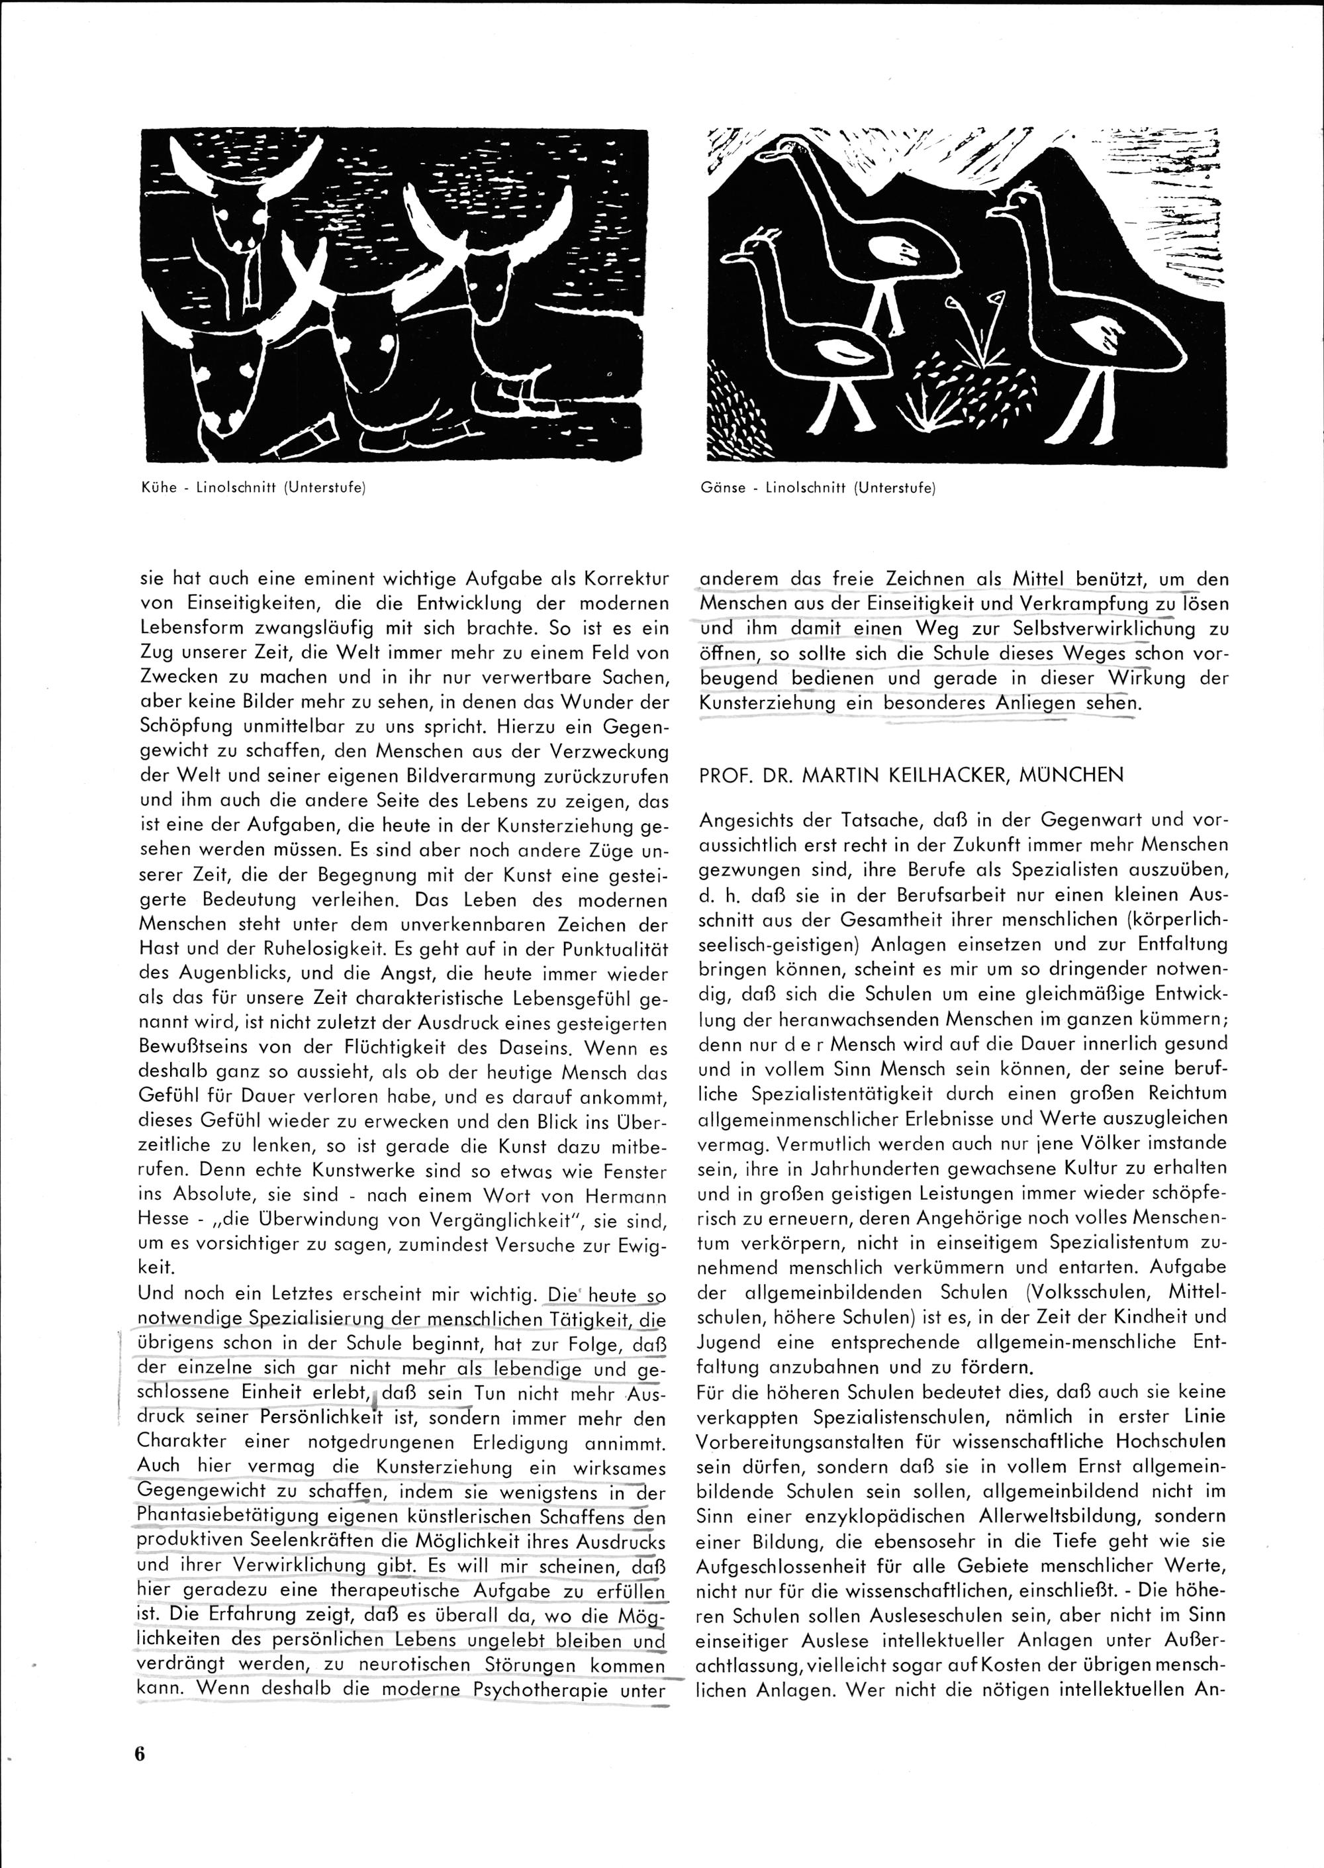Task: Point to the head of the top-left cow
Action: [x=238, y=220]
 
